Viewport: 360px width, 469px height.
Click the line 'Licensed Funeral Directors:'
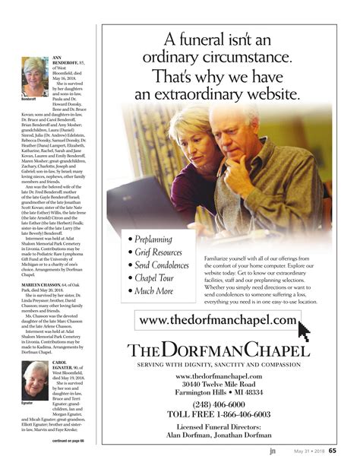click(x=218, y=428)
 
